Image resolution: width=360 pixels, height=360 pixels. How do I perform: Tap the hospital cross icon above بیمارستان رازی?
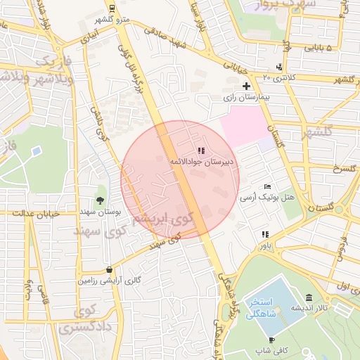[245, 86]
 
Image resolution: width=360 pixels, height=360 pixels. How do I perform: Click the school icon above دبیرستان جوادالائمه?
[202, 150]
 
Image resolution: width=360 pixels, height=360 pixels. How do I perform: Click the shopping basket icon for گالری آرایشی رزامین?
[109, 269]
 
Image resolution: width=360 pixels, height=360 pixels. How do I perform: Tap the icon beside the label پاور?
[265, 234]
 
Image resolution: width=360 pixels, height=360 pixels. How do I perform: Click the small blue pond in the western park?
[36, 150]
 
